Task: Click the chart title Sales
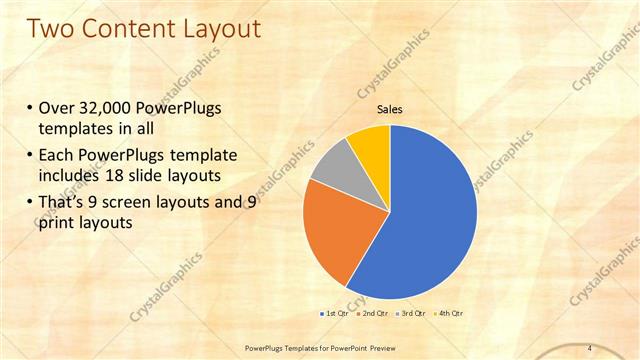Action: pyautogui.click(x=390, y=110)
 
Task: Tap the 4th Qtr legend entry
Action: pyautogui.click(x=449, y=314)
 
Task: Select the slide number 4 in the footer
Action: pyautogui.click(x=589, y=347)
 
